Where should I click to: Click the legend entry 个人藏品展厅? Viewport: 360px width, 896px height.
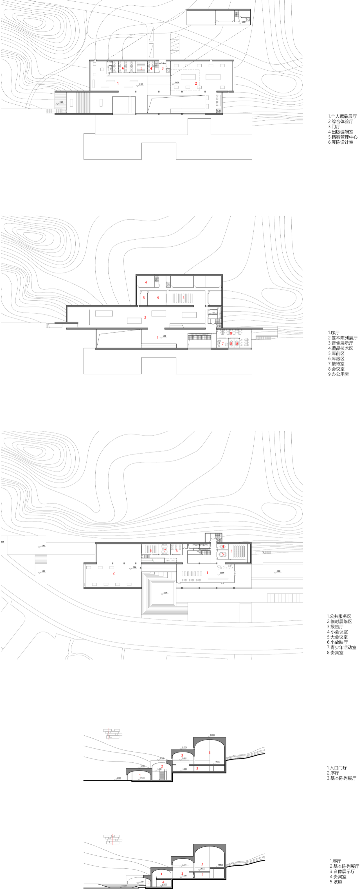(342, 116)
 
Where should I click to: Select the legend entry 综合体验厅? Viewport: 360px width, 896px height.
(341, 121)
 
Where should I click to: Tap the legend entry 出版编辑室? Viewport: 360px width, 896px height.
(341, 132)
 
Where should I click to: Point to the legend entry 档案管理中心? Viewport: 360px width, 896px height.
(343, 137)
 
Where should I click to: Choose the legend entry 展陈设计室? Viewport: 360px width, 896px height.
(341, 142)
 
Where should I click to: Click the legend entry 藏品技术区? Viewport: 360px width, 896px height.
(341, 348)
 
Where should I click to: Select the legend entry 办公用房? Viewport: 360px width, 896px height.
(338, 374)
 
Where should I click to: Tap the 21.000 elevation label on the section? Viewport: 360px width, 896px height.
(184, 747)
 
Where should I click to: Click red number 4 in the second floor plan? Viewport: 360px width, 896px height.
(146, 282)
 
